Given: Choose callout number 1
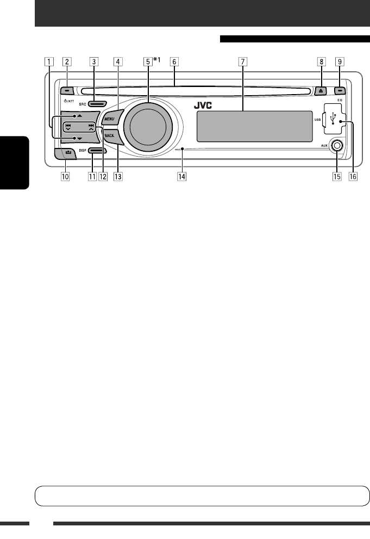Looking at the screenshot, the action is pos(49,61).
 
